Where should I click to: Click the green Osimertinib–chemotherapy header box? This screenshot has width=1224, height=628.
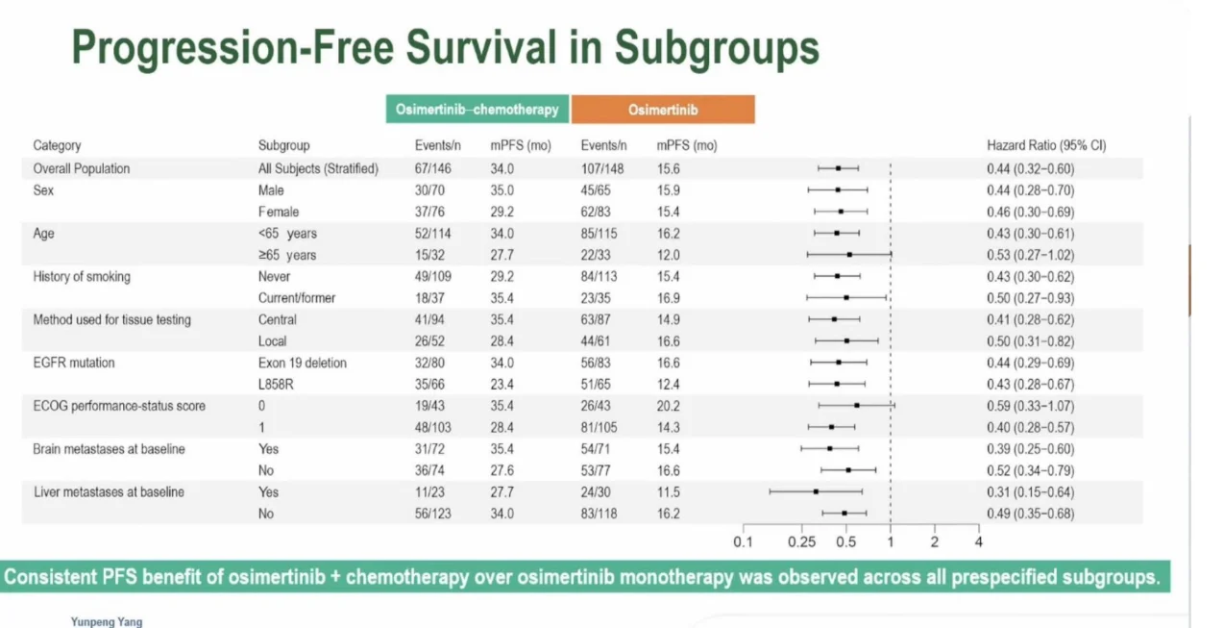pyautogui.click(x=477, y=110)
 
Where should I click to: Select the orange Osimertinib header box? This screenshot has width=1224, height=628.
pyautogui.click(x=663, y=110)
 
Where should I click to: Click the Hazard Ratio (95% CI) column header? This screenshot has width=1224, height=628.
pyautogui.click(x=1046, y=146)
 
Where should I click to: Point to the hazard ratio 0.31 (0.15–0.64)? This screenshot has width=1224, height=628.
pyautogui.click(x=1031, y=492)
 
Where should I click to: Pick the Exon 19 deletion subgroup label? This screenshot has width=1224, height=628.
pyautogui.click(x=302, y=363)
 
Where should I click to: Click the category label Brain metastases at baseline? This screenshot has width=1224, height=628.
pyautogui.click(x=109, y=449)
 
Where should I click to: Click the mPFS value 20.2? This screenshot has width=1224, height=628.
pyautogui.click(x=669, y=406)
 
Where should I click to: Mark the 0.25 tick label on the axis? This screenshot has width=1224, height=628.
pyautogui.click(x=802, y=541)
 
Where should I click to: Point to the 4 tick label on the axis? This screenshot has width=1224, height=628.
pyautogui.click(x=978, y=541)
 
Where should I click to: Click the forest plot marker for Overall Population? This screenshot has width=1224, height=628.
pyautogui.click(x=838, y=168)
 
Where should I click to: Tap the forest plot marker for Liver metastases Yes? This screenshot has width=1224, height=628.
pyautogui.click(x=816, y=491)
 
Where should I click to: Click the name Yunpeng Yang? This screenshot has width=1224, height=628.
pyautogui.click(x=106, y=621)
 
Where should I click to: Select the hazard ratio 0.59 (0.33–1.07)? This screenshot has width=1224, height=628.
pyautogui.click(x=1031, y=406)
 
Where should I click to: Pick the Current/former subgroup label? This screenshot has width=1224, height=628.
pyautogui.click(x=297, y=298)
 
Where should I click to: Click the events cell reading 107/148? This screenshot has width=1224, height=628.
pyautogui.click(x=603, y=168)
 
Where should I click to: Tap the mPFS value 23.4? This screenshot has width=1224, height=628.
pyautogui.click(x=502, y=385)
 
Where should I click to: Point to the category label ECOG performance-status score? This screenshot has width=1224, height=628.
pyautogui.click(x=120, y=406)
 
